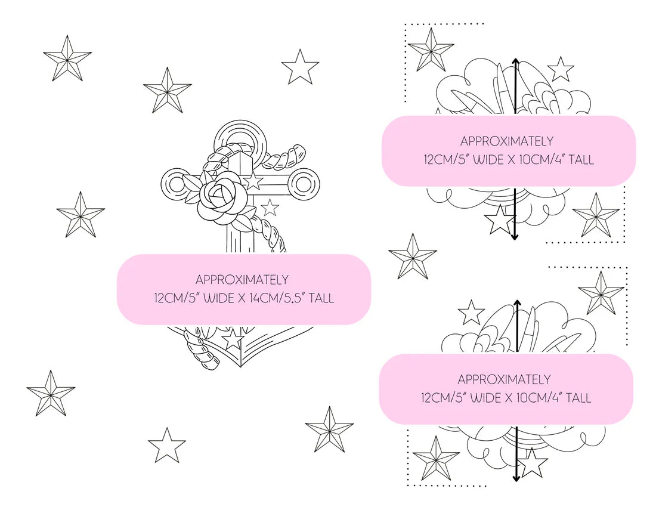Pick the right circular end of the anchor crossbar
coord(305,184)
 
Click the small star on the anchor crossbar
coord(252,181)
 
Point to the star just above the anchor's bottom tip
coord(232,339)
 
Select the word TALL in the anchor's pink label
coord(321,298)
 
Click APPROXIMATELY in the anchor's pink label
coord(242,279)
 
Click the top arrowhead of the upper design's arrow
coord(515,62)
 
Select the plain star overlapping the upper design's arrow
coord(500,219)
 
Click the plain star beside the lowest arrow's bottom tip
coord(532,463)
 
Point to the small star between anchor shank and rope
coord(270,208)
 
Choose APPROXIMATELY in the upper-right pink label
coord(507,141)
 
